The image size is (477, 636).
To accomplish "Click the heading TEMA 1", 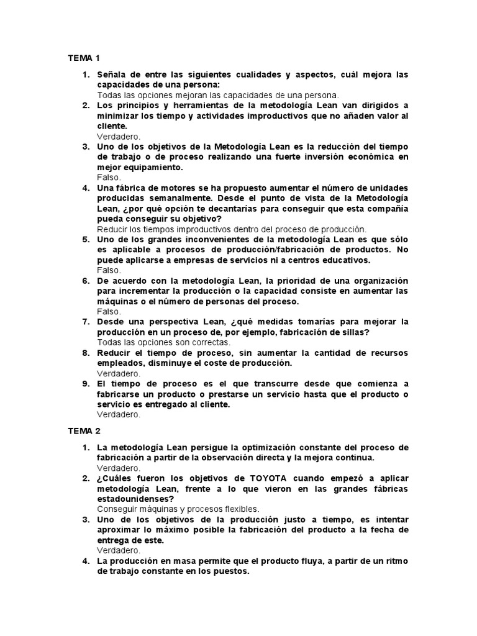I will click(84, 58).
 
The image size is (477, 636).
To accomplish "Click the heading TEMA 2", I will click(84, 430).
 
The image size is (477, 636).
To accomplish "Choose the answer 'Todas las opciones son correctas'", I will click(164, 342).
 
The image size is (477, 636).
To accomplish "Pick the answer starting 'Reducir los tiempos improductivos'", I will click(232, 229).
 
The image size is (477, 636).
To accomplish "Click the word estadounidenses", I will click(136, 499).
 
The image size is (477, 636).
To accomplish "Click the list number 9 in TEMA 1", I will click(86, 384).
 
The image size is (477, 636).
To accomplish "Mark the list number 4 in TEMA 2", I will click(86, 561).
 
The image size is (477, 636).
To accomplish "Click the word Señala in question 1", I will click(112, 75).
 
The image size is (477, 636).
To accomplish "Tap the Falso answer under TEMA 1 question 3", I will click(109, 177).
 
